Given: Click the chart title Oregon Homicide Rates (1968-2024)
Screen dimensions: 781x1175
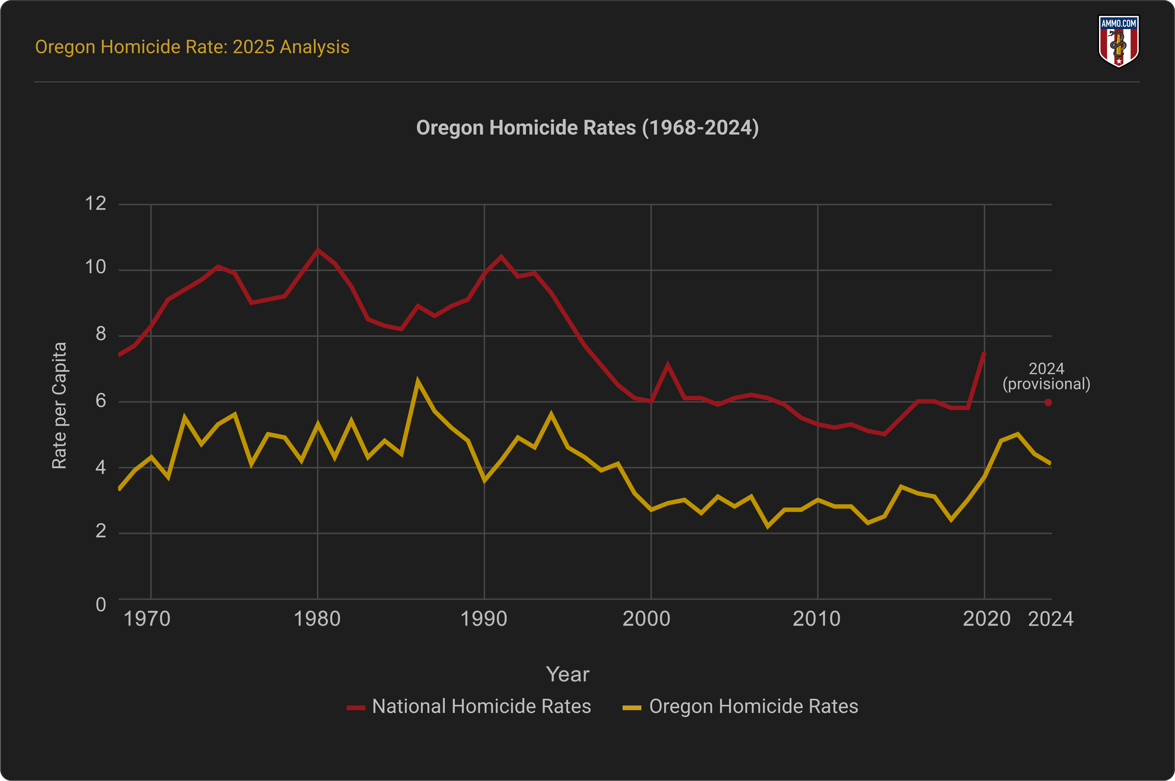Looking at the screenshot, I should [587, 128].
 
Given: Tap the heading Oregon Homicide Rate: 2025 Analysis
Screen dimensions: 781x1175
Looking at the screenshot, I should [192, 47].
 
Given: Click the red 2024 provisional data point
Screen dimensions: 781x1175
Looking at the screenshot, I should [1048, 402].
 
